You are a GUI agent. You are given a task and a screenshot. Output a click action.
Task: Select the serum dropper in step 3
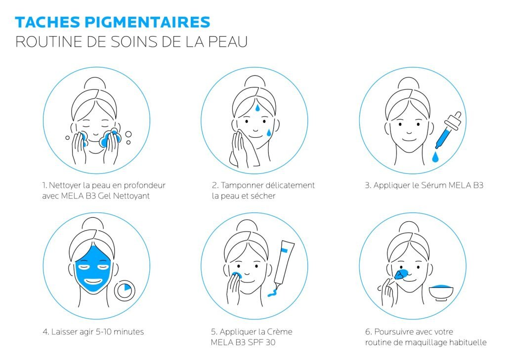tap(449, 130)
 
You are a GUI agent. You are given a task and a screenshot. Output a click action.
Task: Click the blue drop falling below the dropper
tap(436, 157)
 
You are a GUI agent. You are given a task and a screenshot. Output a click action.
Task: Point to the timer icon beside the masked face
tap(124, 290)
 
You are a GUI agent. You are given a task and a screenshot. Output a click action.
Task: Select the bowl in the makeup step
tap(441, 293)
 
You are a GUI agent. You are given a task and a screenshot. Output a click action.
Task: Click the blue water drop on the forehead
tap(257, 108)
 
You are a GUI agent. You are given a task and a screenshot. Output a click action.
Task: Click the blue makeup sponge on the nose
tap(401, 274)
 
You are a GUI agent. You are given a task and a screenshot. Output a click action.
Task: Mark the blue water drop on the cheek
tap(269, 132)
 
